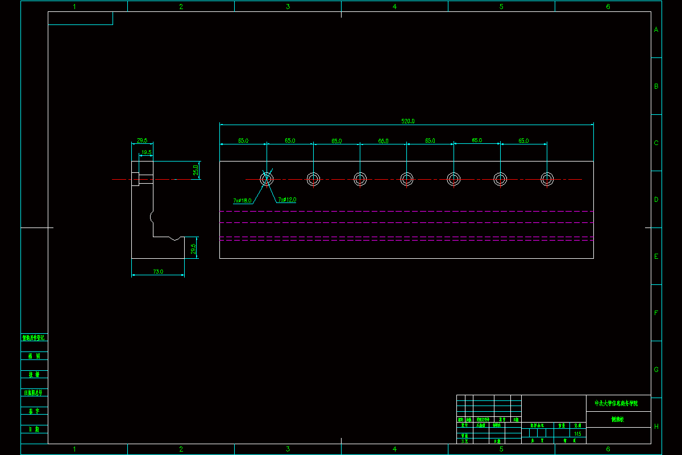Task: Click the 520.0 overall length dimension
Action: pos(408,121)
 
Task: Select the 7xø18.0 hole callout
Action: pos(242,201)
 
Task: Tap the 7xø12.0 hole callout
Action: pos(287,200)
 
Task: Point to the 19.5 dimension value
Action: pos(146,152)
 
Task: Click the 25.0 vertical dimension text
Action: pos(196,170)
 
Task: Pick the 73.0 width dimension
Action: pos(158,272)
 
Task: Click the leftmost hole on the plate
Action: pos(267,179)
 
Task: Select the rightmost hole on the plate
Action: pos(547,179)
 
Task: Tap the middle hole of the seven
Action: pos(406,179)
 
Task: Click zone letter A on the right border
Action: pos(656,30)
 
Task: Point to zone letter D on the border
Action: pos(656,200)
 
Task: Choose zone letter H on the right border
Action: pos(656,426)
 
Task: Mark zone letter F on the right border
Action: pos(656,313)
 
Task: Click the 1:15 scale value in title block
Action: pos(578,433)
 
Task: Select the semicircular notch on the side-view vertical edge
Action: pos(152,217)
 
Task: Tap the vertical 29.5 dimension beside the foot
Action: pos(193,249)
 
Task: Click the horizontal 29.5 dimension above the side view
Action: pos(142,140)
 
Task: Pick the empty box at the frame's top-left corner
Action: pos(80,18)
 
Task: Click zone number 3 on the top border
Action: pos(288,7)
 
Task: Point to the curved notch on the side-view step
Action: pos(175,238)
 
